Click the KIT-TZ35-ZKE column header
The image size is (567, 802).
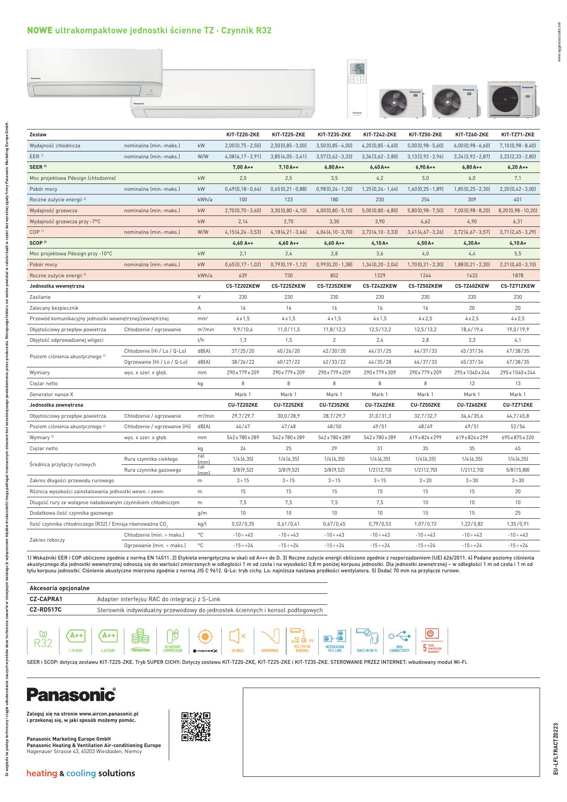pyautogui.click(x=334, y=135)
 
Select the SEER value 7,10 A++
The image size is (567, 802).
pyautogui.click(x=288, y=167)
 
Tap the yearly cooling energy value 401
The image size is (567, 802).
pyautogui.click(x=517, y=199)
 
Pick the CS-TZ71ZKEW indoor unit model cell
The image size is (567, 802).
pyautogui.click(x=517, y=286)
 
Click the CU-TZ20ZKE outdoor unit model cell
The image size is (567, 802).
pyautogui.click(x=242, y=405)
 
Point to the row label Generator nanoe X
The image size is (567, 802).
pyautogui.click(x=51, y=394)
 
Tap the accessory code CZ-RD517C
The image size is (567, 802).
pyautogui.click(x=45, y=610)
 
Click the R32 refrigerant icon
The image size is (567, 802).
pyautogui.click(x=43, y=640)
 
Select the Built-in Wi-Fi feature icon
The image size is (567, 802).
pyautogui.click(x=367, y=640)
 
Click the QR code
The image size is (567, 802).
pyautogui.click(x=196, y=727)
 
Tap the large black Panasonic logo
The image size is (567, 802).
pyautogui.click(x=71, y=694)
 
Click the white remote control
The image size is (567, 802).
pyautogui.click(x=357, y=87)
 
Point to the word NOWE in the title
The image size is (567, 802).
pyautogui.click(x=40, y=31)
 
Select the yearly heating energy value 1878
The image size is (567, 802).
pyautogui.click(x=517, y=275)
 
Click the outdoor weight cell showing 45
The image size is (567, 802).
pyautogui.click(x=517, y=448)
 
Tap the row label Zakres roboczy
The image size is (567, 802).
pyautogui.click(x=47, y=540)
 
